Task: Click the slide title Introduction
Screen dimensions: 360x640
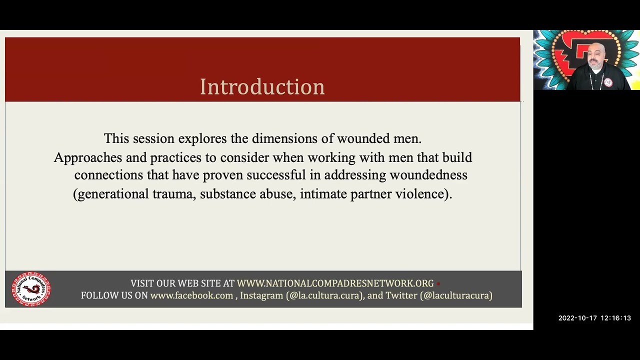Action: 262,87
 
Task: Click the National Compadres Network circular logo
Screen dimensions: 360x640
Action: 31,289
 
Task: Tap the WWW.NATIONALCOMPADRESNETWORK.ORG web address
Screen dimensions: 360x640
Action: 335,283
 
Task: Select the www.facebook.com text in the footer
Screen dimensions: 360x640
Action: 191,295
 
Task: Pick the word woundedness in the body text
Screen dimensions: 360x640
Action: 428,175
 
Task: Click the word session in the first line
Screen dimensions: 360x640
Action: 153,138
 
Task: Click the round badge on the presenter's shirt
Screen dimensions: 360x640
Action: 608,82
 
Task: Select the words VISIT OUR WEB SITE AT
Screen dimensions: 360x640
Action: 182,283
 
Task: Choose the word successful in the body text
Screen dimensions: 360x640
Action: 275,175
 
